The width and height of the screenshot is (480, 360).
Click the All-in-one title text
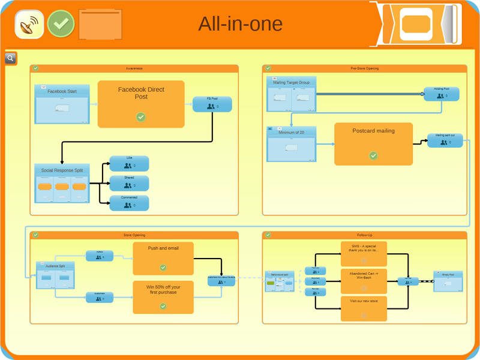tap(240, 24)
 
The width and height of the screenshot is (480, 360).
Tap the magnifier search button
tap(11, 58)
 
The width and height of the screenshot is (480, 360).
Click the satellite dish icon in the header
tap(28, 24)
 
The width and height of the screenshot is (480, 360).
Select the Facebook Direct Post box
tap(141, 104)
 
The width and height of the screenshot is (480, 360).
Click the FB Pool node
tap(212, 104)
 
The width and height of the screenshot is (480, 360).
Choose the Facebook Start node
tap(62, 104)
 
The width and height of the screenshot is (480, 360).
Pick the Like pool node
tap(129, 164)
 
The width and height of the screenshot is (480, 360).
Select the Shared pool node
tap(129, 184)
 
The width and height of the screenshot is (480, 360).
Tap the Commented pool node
tap(129, 203)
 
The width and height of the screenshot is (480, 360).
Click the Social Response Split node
tap(62, 184)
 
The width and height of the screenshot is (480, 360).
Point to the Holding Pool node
tap(441, 94)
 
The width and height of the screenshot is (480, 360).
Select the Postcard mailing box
tap(373, 144)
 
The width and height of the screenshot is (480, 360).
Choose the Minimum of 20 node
tap(291, 144)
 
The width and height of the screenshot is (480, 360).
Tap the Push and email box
tap(163, 259)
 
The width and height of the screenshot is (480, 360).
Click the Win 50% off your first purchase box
tap(163, 297)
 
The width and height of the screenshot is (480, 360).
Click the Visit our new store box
tap(364, 308)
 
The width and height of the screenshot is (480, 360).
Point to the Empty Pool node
tap(448, 281)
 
